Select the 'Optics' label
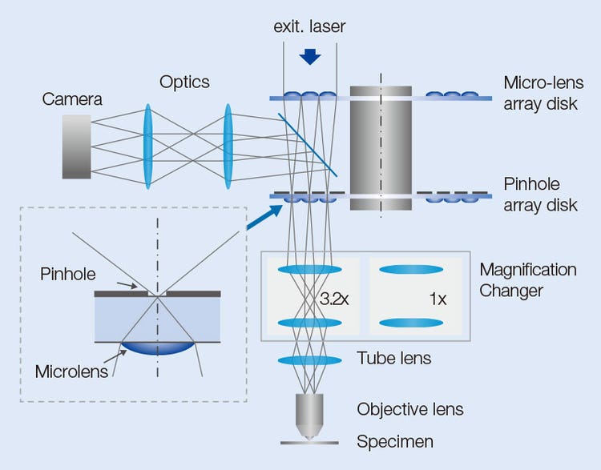pos(184,82)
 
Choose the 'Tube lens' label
pos(394,358)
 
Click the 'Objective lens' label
pos(410,409)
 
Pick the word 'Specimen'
pos(396,441)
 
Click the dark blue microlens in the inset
pos(158,349)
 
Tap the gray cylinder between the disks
pos(381,148)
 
